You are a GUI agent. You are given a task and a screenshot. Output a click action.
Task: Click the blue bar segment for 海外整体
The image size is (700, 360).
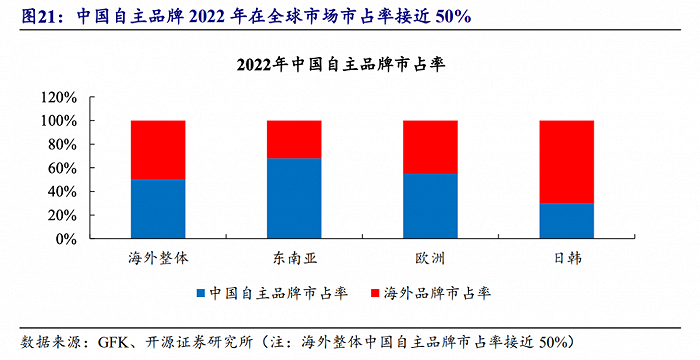click(x=158, y=209)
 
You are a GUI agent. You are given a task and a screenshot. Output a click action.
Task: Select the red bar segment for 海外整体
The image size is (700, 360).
click(x=158, y=150)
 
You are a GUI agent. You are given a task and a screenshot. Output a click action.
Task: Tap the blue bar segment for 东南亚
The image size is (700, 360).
click(x=294, y=198)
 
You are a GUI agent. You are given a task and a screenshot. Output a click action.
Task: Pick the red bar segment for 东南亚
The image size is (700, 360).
click(x=294, y=139)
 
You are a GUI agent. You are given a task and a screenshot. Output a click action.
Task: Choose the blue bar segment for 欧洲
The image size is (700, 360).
click(x=430, y=206)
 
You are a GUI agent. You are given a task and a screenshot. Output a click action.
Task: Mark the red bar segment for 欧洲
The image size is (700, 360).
click(x=430, y=147)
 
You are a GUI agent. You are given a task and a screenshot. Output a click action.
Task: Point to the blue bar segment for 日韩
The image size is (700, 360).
click(x=566, y=221)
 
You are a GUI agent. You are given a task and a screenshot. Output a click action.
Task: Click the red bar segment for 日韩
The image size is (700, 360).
click(x=566, y=162)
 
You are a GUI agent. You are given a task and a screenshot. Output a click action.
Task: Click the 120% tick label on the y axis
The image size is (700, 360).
click(x=60, y=97)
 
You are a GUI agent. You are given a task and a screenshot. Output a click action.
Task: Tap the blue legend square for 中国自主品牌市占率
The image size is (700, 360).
click(x=201, y=293)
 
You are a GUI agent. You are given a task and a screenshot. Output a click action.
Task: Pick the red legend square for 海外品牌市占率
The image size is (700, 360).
click(x=375, y=293)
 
